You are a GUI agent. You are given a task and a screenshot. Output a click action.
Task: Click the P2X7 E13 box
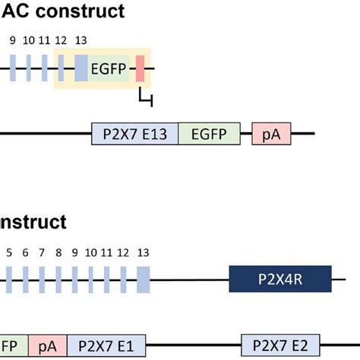tap(134, 134)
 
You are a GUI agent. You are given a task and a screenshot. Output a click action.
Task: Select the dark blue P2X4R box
tap(280, 279)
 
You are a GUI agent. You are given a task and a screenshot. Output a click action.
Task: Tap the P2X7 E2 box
tap(280, 346)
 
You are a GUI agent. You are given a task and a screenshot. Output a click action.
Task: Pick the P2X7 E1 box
tap(106, 346)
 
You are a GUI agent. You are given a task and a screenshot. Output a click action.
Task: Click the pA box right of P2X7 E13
tap(271, 134)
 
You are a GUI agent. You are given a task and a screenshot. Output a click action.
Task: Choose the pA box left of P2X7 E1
tap(48, 346)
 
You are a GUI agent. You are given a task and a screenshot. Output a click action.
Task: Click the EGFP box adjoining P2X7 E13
tap(210, 134)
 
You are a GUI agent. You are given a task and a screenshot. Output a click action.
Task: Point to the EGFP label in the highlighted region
tap(109, 68)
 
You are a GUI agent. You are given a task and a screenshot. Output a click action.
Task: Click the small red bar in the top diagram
tap(140, 68)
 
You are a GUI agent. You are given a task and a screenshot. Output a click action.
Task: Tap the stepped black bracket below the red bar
tap(146, 97)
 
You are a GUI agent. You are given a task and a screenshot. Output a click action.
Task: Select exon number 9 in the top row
tap(13, 40)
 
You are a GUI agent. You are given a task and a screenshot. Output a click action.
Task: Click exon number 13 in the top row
tap(81, 40)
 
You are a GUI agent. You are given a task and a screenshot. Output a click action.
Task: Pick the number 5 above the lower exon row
tap(9, 253)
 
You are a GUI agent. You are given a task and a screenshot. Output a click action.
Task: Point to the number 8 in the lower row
tap(58, 253)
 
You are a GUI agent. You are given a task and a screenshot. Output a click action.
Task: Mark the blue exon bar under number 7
tap(42, 279)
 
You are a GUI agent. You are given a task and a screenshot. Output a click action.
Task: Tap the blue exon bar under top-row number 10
tap(29, 68)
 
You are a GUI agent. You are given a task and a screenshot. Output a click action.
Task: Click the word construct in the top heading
tap(80, 11)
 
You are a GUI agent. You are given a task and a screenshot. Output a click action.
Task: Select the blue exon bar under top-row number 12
tap(61, 68)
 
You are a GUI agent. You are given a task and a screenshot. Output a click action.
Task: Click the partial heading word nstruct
tap(33, 222)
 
